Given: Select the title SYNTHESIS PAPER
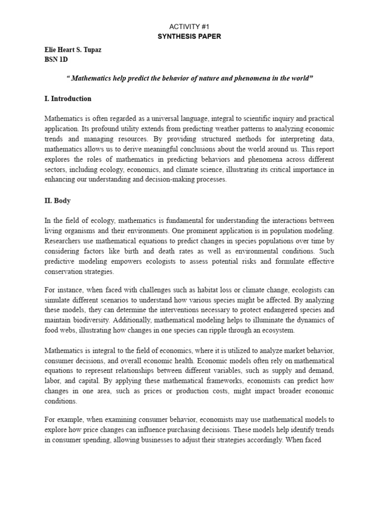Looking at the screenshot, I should pyautogui.click(x=189, y=37).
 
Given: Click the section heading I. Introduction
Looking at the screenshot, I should pyautogui.click(x=68, y=99).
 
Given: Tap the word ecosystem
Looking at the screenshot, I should pyautogui.click(x=278, y=330).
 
